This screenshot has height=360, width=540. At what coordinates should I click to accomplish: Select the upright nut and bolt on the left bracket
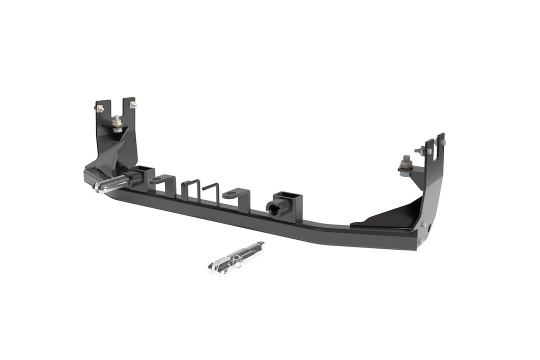pyautogui.click(x=117, y=121)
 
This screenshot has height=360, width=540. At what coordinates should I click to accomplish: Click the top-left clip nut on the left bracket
pyautogui.click(x=99, y=107)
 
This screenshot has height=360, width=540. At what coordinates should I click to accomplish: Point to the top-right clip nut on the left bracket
pyautogui.click(x=132, y=104)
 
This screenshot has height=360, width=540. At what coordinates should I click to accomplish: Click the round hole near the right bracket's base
pyautogui.click(x=429, y=229)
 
